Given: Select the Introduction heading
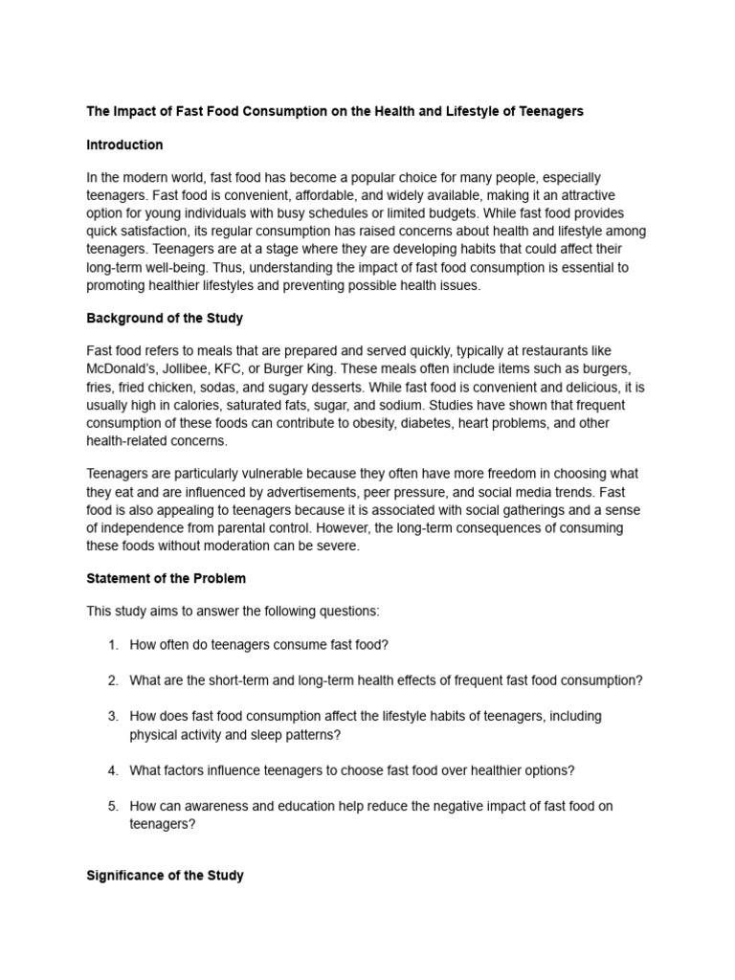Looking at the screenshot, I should [x=124, y=145].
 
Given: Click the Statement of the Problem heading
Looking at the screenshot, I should [x=166, y=578].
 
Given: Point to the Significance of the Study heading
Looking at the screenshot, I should [x=165, y=875].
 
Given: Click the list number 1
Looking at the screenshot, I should [x=112, y=644].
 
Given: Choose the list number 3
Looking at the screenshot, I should [x=112, y=716].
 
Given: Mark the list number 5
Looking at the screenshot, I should [x=112, y=806].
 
